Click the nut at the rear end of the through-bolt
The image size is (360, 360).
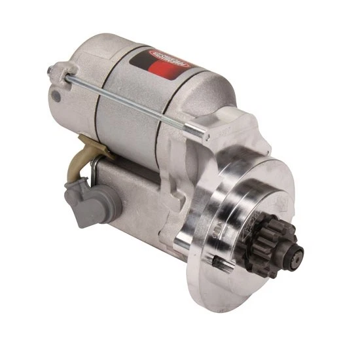(52, 69)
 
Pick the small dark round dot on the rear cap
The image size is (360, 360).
(57, 97)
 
